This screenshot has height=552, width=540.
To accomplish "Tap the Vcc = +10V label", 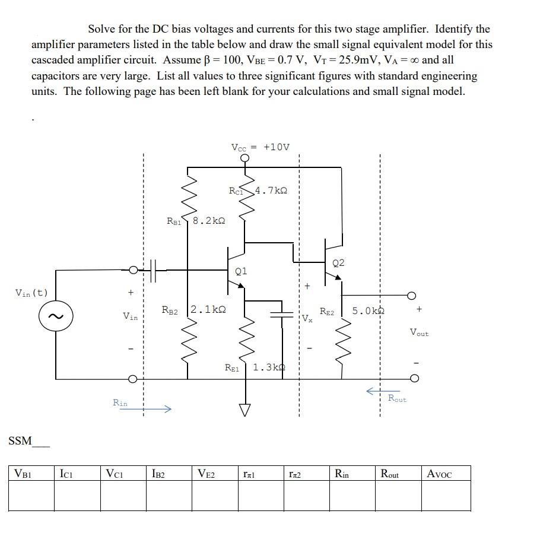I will tap(260, 147).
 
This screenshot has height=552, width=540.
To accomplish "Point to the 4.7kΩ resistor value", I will tap(271, 191).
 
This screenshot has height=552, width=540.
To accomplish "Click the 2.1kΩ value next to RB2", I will tap(208, 310).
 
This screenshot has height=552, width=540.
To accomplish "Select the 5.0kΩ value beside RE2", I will tap(369, 310).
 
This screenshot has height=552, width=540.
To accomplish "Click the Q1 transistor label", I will tap(241, 271).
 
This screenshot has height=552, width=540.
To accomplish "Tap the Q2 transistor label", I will tap(339, 262).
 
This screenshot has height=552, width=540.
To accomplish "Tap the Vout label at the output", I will tap(419, 333).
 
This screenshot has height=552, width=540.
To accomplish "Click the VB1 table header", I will tap(23, 474).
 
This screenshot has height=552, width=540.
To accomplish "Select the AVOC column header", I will tap(439, 474).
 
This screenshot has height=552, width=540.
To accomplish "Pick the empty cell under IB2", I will tap(169, 495).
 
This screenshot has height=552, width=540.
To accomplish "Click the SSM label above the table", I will tap(20, 441).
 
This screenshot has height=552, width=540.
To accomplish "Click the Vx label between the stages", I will tap(306, 317).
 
